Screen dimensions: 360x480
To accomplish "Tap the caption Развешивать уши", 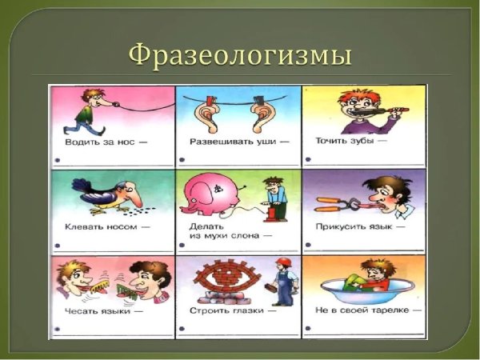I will (x=228, y=142).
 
